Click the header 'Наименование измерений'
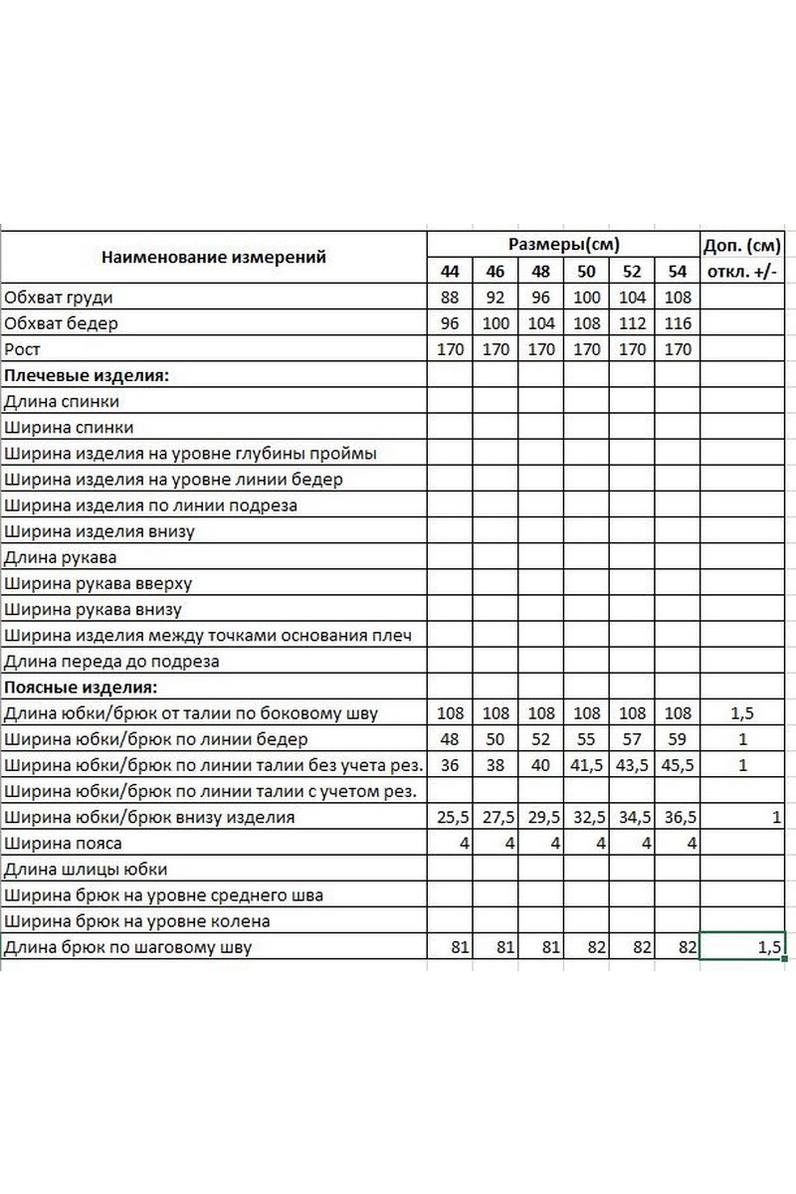point(214,258)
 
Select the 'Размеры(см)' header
point(563,245)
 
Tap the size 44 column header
point(450,272)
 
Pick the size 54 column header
point(678,272)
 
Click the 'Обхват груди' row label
point(59,298)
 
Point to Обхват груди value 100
point(587,298)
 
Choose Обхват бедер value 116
point(678,323)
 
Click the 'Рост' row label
point(21,349)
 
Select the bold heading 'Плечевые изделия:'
point(87,375)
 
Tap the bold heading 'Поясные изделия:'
point(82,687)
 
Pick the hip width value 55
point(587,739)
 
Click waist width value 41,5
point(587,765)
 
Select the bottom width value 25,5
point(450,818)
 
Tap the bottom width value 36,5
point(678,818)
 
